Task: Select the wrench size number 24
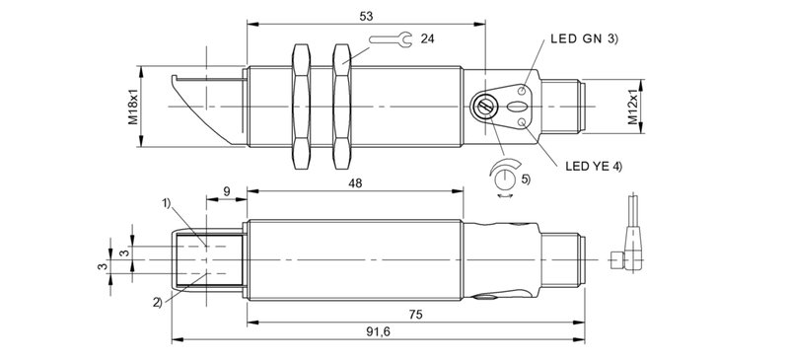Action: point(427,39)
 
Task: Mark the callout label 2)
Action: point(158,301)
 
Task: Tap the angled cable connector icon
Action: point(624,242)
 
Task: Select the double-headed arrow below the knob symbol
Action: point(507,196)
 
